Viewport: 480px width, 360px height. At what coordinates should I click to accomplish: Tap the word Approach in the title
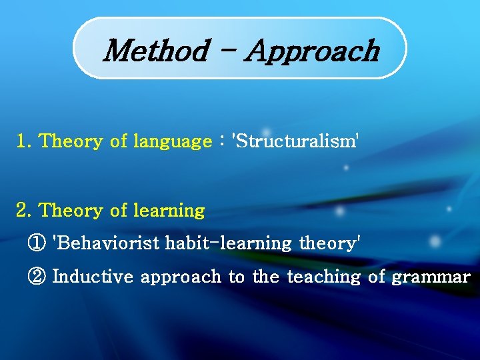[x=312, y=51]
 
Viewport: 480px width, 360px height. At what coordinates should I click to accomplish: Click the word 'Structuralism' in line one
[x=295, y=141]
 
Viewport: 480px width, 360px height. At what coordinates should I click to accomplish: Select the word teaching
[x=324, y=277]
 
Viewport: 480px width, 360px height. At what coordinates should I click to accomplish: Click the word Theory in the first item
[x=70, y=142]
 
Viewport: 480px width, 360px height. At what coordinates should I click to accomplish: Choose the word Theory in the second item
[x=70, y=211]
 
